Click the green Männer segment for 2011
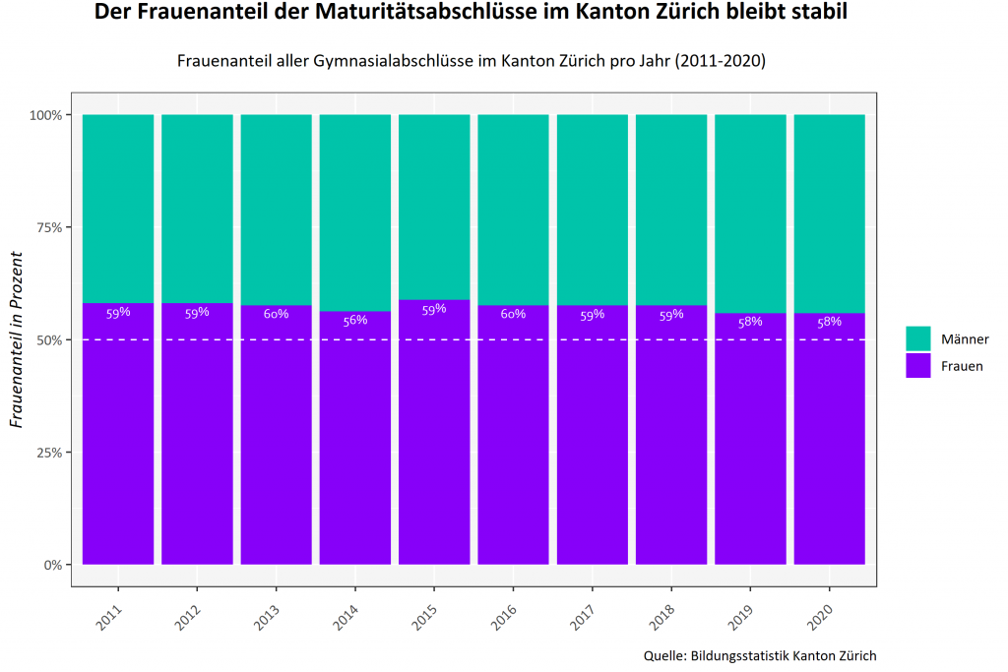[x=118, y=209]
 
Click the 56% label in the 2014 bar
[x=354, y=320]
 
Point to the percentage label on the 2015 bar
[x=434, y=309]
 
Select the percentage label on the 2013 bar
[x=276, y=314]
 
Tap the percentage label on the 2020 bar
[x=830, y=321]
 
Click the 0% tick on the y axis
[x=52, y=565]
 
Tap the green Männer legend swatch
[x=917, y=338]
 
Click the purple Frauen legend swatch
[x=917, y=365]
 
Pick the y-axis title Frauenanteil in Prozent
[x=16, y=340]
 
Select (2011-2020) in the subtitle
[x=721, y=61]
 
